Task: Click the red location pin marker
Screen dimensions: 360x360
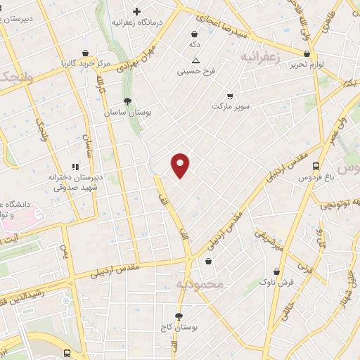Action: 181,165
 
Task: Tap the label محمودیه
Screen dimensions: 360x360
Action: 199,285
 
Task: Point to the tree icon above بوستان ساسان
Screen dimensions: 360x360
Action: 127,101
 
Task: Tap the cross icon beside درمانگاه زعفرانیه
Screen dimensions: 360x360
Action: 136,12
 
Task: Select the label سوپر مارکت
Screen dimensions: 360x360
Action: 230,106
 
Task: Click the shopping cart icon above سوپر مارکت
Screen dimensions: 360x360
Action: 230,96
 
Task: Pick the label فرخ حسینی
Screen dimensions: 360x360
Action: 194,71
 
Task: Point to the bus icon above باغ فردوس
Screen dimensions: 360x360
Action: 316,167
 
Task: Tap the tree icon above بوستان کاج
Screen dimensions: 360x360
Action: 179,316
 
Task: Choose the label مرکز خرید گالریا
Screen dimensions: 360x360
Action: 86,63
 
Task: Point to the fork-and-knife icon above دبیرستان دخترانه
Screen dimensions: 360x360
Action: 75,167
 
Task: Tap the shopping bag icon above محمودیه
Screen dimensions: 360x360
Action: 208,262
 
